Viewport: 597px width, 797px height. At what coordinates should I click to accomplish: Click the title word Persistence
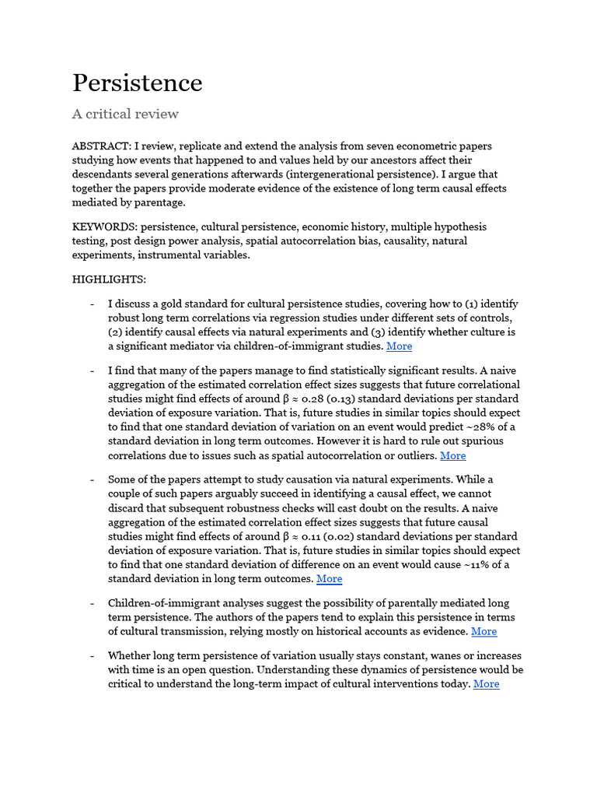(x=138, y=83)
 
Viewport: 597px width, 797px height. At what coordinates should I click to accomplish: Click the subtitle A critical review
(x=125, y=114)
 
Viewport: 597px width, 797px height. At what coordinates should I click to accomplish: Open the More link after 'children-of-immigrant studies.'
(x=399, y=346)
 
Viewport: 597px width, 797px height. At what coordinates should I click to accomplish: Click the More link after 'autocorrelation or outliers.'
(x=452, y=456)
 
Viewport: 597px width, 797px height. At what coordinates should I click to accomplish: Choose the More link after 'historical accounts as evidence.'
(x=484, y=632)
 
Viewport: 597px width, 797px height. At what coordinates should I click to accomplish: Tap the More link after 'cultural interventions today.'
(x=486, y=684)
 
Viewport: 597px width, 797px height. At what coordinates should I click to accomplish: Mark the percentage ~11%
(x=479, y=565)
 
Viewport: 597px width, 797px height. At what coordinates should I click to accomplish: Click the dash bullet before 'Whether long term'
(x=93, y=656)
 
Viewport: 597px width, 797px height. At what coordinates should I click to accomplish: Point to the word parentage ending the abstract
(x=160, y=202)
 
